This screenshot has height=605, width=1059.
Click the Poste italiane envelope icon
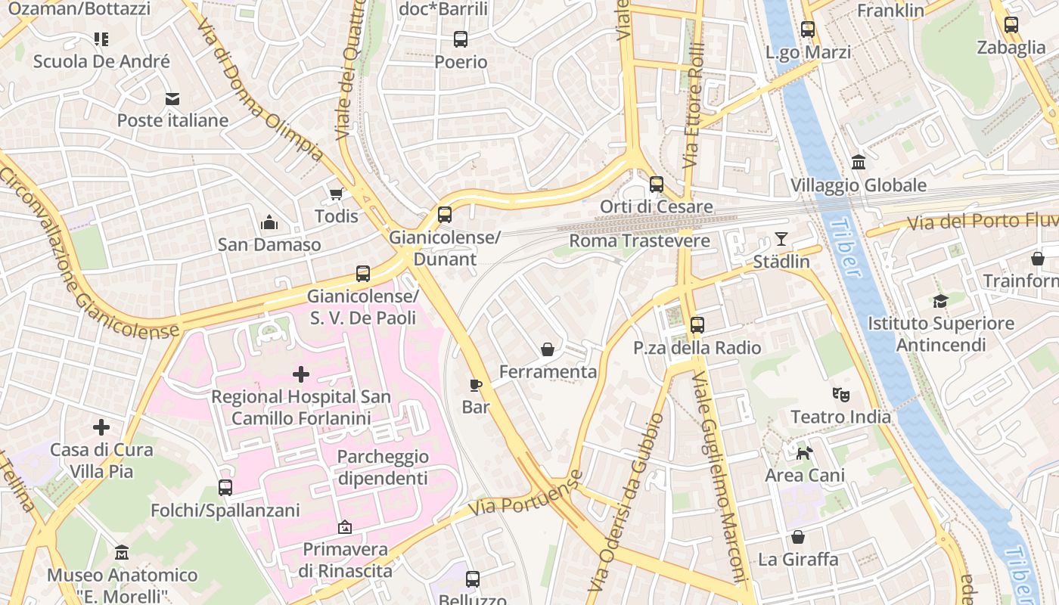pyautogui.click(x=172, y=98)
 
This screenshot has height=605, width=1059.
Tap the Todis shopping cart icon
pyautogui.click(x=336, y=194)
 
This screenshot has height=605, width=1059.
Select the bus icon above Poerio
pyautogui.click(x=460, y=39)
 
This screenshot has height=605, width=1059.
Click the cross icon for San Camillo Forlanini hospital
pyautogui.click(x=301, y=374)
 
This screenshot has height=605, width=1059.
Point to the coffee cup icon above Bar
pyautogui.click(x=475, y=385)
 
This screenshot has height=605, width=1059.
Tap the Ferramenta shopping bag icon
pyautogui.click(x=547, y=349)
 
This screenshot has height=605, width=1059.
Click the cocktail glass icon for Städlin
pyautogui.click(x=781, y=240)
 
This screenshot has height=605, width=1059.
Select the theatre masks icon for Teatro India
pyautogui.click(x=840, y=394)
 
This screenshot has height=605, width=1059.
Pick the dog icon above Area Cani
pyautogui.click(x=804, y=453)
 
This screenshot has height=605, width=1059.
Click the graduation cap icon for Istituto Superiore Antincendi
pyautogui.click(x=940, y=301)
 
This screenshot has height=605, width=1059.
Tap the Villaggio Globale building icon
pyautogui.click(x=859, y=163)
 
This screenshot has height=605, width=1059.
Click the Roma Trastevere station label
pyautogui.click(x=639, y=241)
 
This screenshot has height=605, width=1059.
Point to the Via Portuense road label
pyautogui.click(x=525, y=494)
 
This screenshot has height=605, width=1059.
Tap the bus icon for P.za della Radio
pyautogui.click(x=697, y=325)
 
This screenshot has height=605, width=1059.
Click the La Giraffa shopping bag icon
pyautogui.click(x=797, y=537)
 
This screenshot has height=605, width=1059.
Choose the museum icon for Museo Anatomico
pyautogui.click(x=122, y=553)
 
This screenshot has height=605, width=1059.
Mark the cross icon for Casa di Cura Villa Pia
pyautogui.click(x=101, y=427)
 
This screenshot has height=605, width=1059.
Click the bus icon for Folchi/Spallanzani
pyautogui.click(x=225, y=488)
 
